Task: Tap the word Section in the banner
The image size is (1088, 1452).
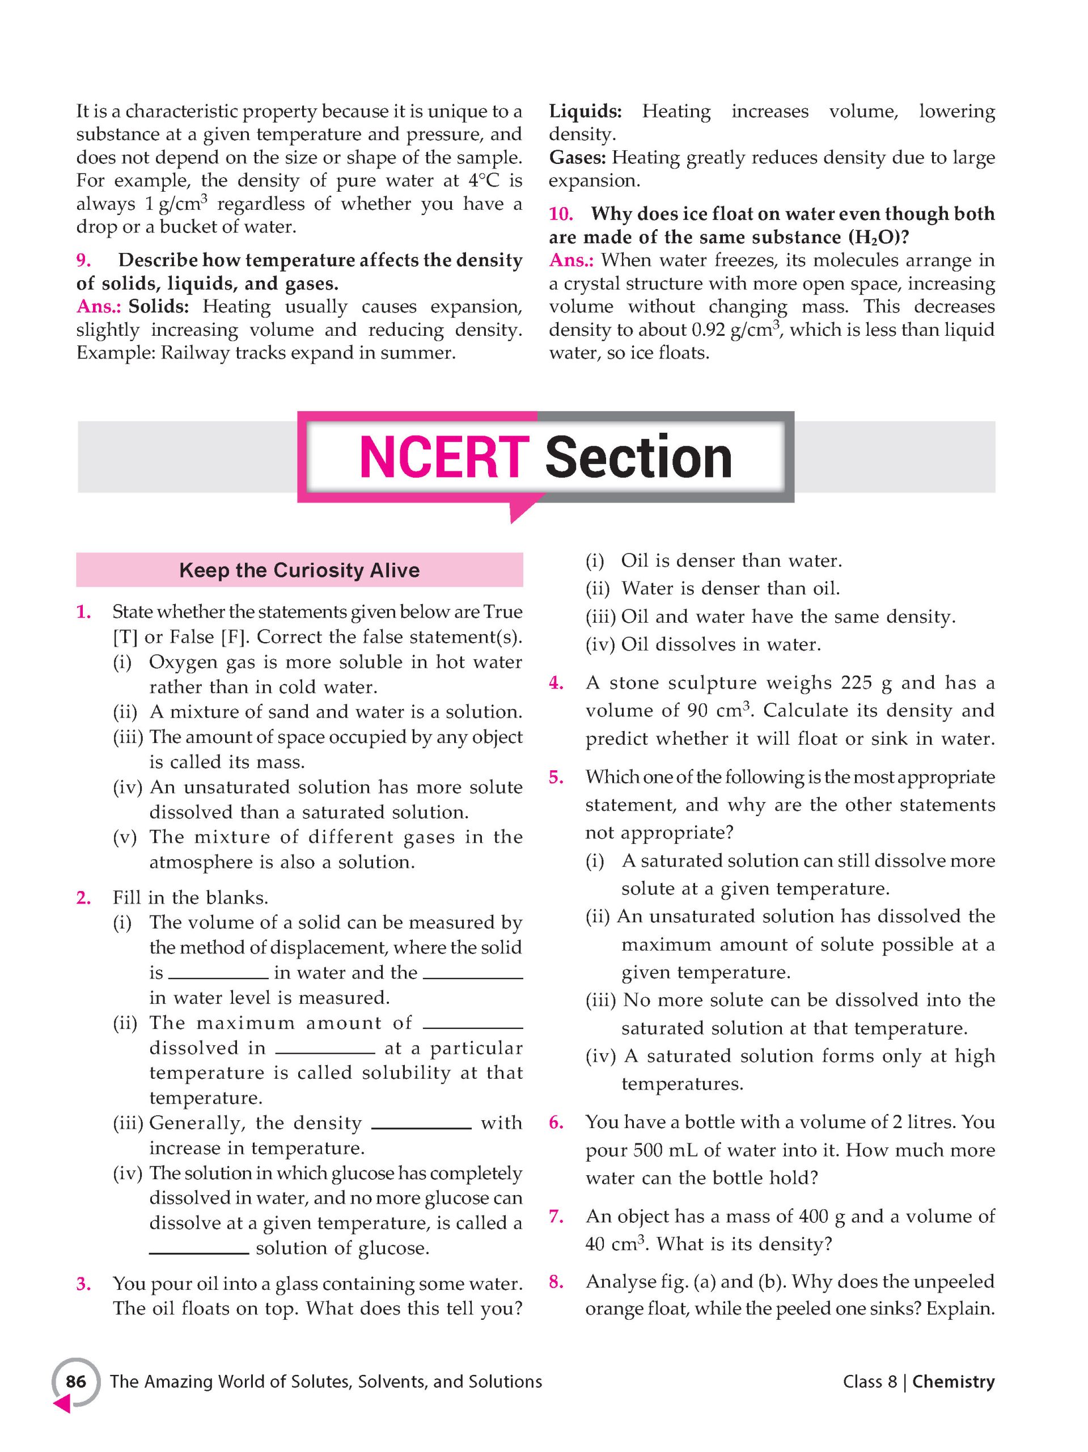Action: (x=638, y=458)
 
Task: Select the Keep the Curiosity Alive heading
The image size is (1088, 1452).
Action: (x=299, y=570)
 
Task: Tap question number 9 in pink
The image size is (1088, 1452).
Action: (x=84, y=260)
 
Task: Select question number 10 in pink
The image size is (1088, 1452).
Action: (x=561, y=213)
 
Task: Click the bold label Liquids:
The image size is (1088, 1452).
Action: (x=585, y=111)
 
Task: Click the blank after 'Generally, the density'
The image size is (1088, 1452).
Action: (x=421, y=1123)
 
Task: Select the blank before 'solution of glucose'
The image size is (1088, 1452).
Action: (x=199, y=1248)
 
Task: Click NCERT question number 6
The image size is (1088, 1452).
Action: (x=556, y=1122)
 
